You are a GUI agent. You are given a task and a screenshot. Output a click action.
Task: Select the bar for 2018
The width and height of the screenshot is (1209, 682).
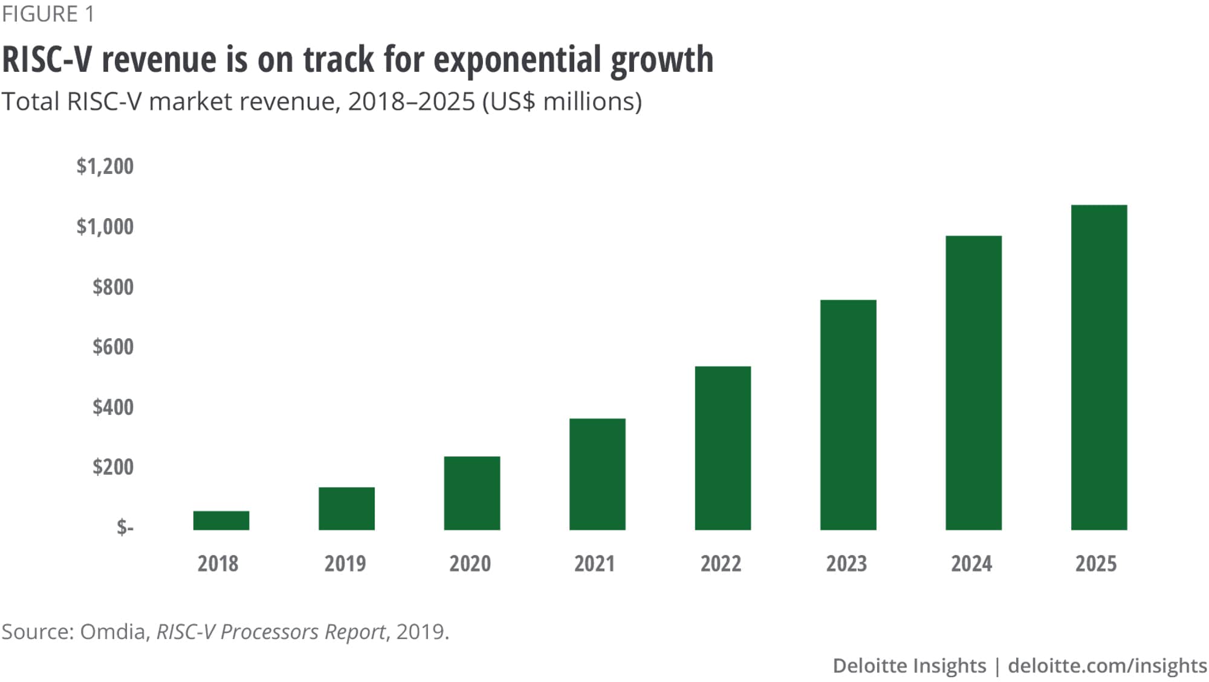(x=221, y=520)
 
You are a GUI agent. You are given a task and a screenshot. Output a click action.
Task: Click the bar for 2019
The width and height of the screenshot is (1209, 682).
(x=346, y=509)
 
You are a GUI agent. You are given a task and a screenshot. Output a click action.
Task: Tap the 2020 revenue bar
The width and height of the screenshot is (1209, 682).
(x=472, y=493)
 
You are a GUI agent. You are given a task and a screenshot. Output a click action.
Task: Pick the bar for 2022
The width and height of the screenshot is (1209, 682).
(x=723, y=448)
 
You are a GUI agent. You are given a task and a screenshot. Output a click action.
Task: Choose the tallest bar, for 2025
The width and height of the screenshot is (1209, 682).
(x=1099, y=367)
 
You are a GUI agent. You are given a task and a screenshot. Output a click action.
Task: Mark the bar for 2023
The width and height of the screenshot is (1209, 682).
(x=848, y=415)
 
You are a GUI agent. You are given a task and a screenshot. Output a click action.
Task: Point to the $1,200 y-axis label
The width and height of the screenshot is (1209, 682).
(x=105, y=166)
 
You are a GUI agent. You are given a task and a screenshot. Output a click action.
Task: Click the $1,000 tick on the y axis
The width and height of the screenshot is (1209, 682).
(x=105, y=227)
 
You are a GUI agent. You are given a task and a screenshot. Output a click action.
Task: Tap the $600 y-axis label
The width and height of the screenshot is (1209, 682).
(x=113, y=347)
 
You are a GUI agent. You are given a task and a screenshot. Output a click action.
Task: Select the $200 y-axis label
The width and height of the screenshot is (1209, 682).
(x=113, y=467)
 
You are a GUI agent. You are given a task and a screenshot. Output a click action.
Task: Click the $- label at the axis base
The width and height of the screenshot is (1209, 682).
(x=125, y=527)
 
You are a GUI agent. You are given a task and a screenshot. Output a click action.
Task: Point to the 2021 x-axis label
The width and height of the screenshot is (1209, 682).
(x=594, y=564)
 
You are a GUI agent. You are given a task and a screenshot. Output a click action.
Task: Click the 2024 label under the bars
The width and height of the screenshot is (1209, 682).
(x=971, y=564)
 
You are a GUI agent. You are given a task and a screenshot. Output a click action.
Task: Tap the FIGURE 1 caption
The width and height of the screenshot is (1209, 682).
(x=48, y=14)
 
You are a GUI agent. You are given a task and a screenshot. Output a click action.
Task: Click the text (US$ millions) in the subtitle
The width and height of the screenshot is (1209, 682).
(x=562, y=101)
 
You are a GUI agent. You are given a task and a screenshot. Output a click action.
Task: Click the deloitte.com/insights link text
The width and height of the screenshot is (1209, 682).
(x=1107, y=666)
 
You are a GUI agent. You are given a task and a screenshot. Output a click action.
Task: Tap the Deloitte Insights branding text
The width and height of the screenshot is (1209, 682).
(x=909, y=666)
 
